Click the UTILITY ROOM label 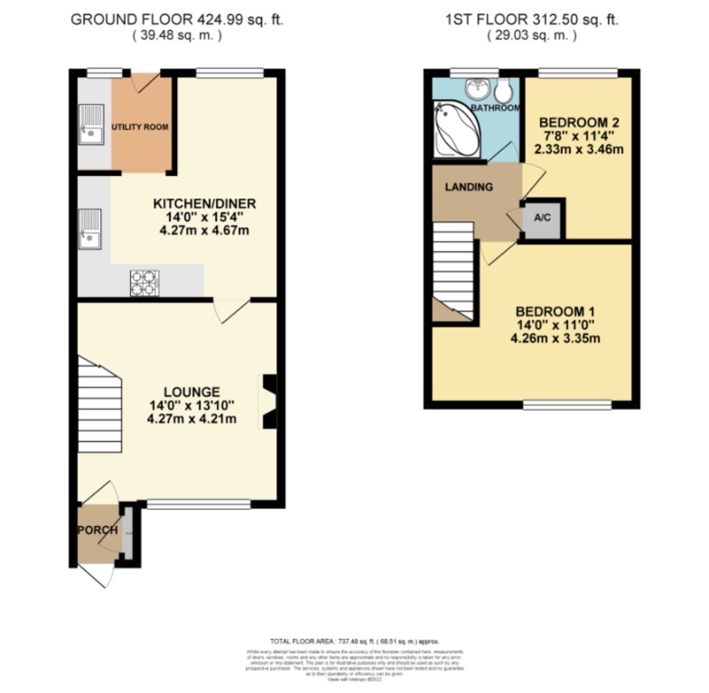140,127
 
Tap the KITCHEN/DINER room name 200,204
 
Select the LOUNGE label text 192,392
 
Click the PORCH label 98,530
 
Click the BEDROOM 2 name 577,123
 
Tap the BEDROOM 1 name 555,312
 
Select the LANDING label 468,187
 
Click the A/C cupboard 543,217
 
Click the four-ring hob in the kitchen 144,282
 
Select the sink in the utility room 92,126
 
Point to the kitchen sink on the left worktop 91,227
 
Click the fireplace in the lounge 268,402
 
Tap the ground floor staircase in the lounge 99,403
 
